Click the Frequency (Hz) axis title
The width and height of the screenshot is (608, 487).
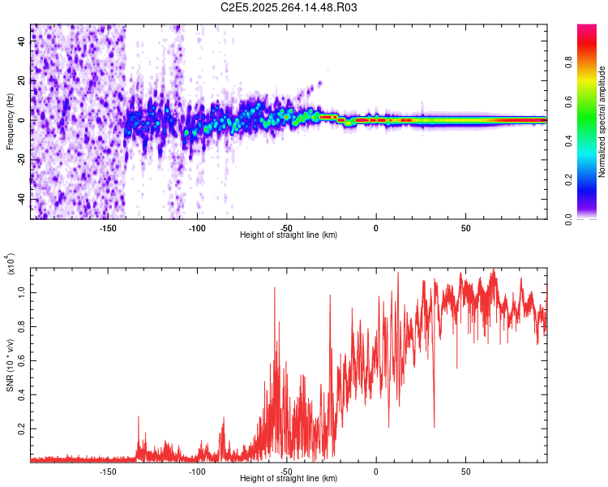(x=10, y=122)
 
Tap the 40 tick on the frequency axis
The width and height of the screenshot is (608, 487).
(x=24, y=42)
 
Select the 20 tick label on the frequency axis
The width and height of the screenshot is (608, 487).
(x=24, y=81)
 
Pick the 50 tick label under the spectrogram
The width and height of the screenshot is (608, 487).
(x=465, y=227)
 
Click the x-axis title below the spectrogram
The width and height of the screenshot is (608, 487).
(x=289, y=235)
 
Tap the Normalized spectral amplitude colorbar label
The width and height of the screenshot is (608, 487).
(x=602, y=122)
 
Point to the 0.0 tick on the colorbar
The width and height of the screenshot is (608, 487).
(x=590, y=218)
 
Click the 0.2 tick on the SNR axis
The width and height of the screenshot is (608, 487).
(x=24, y=428)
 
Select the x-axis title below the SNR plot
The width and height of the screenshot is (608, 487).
(x=289, y=479)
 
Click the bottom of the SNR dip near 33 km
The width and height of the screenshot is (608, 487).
(x=435, y=427)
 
